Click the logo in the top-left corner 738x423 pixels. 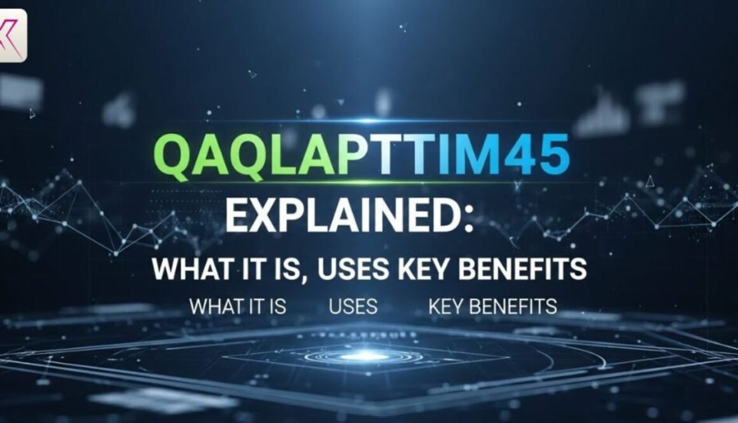[13, 35]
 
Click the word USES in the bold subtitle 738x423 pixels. [353, 269]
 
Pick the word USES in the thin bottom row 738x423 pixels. [353, 307]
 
